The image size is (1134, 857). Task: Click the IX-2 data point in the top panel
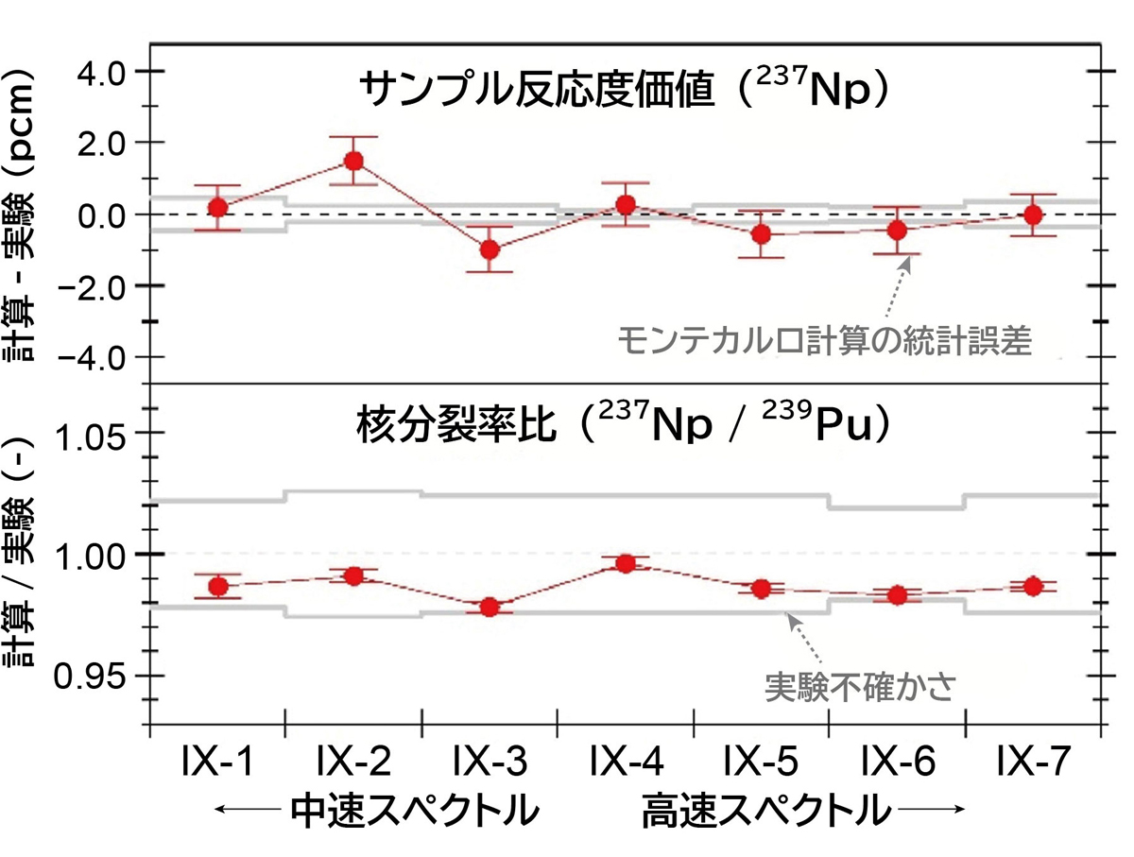coord(353,160)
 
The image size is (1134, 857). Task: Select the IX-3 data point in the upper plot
coord(490,249)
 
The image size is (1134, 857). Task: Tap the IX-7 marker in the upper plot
coord(1033,214)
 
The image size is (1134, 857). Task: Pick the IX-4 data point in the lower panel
coord(626,564)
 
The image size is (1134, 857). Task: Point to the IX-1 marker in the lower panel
coord(218,586)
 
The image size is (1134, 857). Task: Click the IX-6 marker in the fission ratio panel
coord(897,595)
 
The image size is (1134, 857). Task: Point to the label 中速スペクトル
coord(406,810)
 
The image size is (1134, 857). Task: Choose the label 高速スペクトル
coord(766,810)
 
